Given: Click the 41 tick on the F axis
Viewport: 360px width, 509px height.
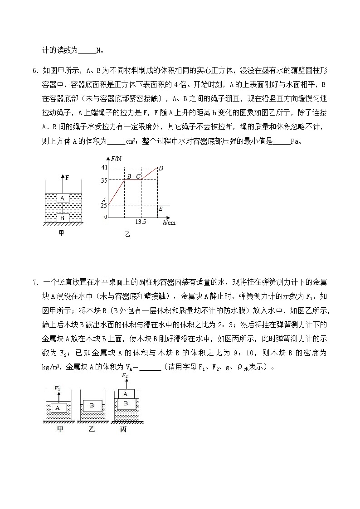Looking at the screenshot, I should (104, 168).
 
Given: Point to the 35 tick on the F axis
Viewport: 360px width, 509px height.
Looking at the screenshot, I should (104, 180).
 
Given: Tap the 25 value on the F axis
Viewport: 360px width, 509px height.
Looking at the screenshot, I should (104, 205).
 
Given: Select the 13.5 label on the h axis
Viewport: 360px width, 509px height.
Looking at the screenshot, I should (141, 222).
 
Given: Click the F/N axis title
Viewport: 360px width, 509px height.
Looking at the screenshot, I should (117, 158).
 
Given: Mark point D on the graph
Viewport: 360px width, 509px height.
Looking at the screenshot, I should (161, 169).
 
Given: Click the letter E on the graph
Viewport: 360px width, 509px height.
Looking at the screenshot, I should (160, 209).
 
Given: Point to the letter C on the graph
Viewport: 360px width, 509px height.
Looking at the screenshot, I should (138, 176).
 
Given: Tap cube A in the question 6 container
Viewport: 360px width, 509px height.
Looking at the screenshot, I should (62, 198).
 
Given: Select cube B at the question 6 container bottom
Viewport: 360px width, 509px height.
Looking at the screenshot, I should (62, 218).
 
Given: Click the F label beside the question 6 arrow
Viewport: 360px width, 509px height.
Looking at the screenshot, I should (67, 178).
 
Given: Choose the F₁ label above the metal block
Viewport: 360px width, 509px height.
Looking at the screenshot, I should (57, 388).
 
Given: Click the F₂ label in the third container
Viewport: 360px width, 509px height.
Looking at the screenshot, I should (125, 376).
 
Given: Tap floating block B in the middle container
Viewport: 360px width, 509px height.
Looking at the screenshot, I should (92, 406).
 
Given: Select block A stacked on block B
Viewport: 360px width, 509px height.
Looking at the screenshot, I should (126, 394).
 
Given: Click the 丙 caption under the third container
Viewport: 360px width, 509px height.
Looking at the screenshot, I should (123, 429).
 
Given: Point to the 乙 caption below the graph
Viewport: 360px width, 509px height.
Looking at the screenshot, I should (127, 234).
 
